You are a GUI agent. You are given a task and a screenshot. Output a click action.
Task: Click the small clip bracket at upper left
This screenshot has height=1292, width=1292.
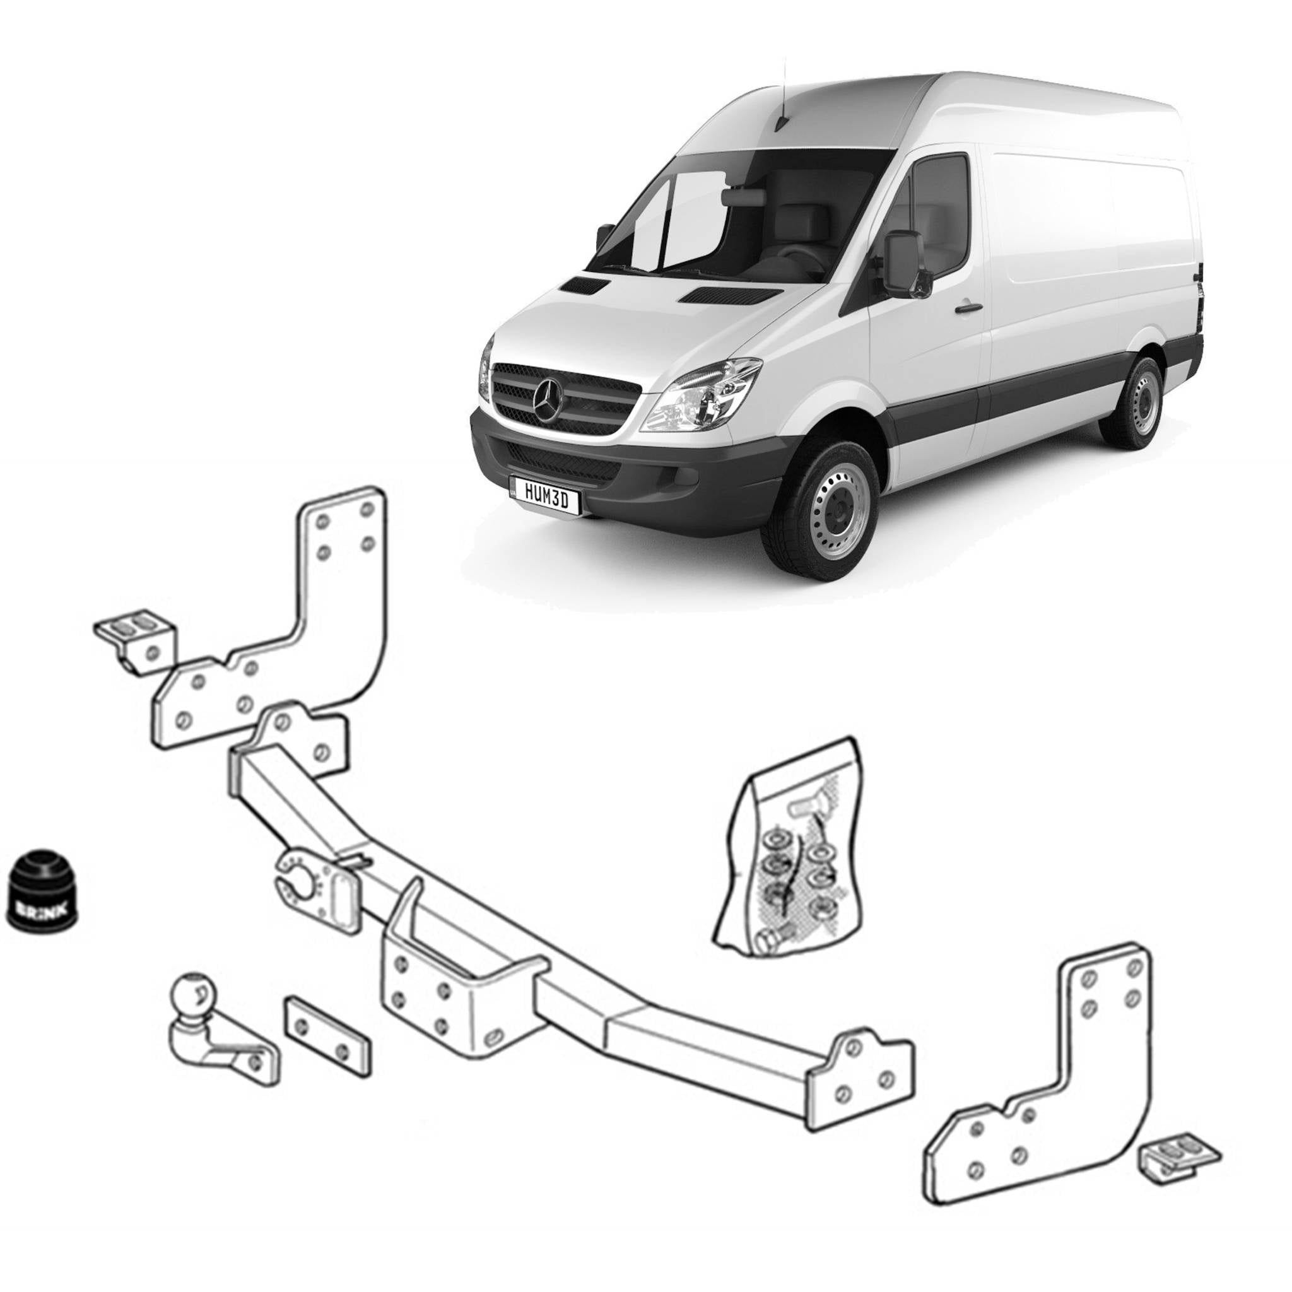click(x=136, y=638)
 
